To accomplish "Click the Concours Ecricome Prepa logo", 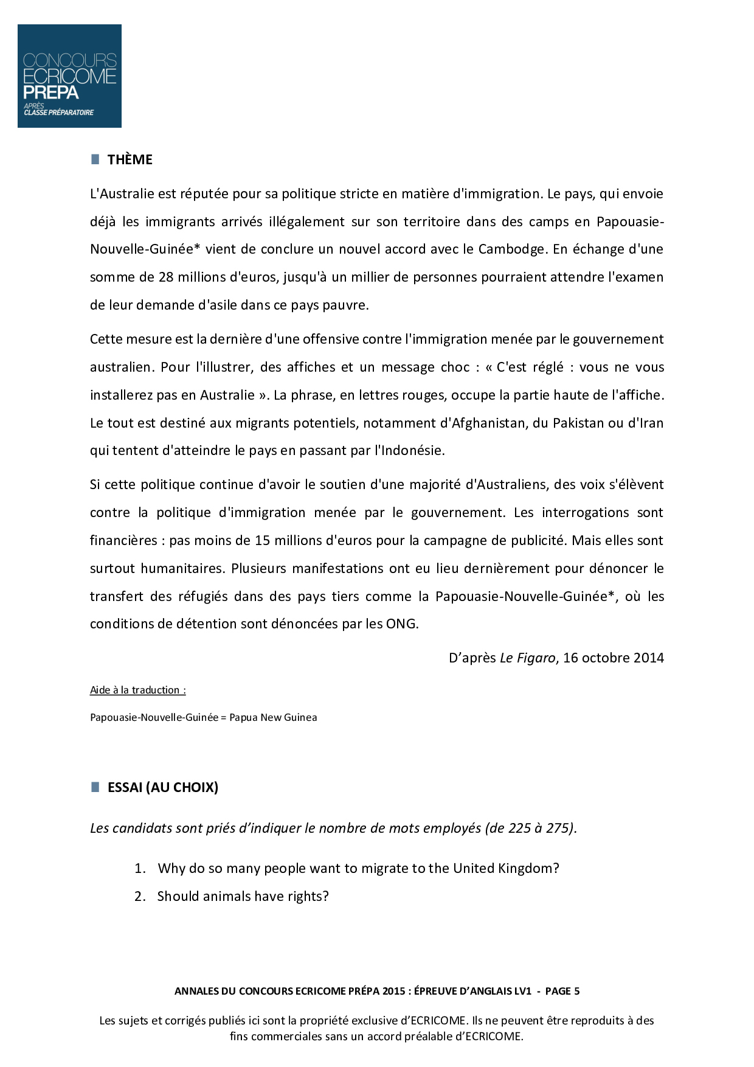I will coord(69,76).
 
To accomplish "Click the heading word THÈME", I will coord(130,160).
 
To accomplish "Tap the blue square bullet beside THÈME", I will coord(95,159).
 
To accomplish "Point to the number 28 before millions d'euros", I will coord(166,277).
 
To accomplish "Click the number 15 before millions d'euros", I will coord(262,541).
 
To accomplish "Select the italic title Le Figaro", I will coord(527,658).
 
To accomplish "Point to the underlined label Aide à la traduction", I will coord(137,690).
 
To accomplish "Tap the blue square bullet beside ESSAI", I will coord(95,787).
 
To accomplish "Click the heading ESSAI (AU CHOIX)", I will coord(162,788).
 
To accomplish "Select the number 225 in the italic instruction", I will coord(519,829).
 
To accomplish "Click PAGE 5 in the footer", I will coord(562,992).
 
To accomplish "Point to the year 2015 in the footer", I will coord(393,992).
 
